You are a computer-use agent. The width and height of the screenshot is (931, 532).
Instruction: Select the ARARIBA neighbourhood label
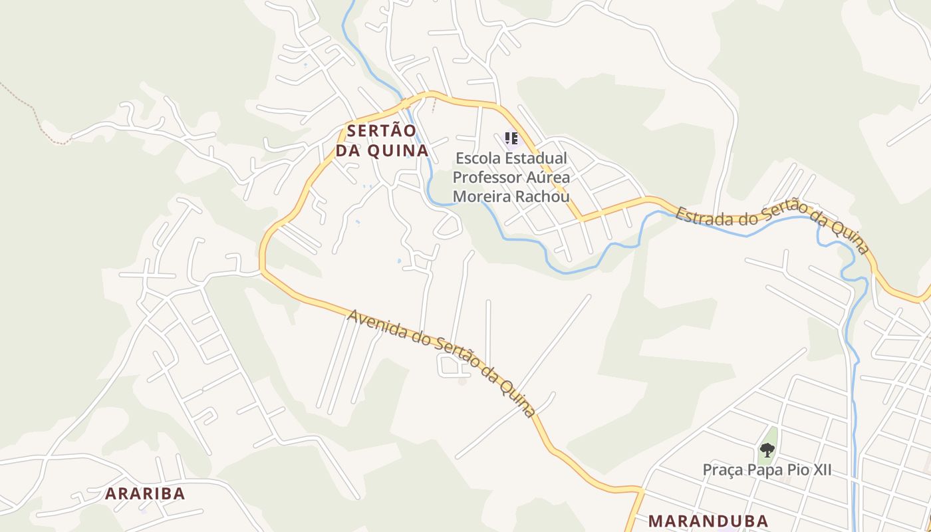coord(145,493)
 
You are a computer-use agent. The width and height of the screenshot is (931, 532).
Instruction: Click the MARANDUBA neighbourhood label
coord(708,521)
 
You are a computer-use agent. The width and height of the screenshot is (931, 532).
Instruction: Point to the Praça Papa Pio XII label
coord(767,470)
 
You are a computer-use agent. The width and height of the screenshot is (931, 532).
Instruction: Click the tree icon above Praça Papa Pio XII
coord(767,450)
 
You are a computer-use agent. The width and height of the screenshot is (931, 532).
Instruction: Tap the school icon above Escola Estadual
coord(511,138)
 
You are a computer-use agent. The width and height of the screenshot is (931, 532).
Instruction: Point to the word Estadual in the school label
coord(536,159)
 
